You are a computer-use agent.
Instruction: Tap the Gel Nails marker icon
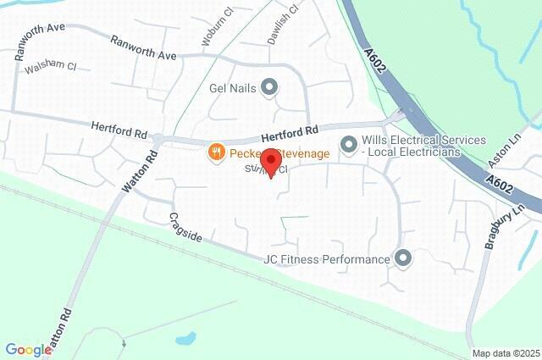click(269, 86)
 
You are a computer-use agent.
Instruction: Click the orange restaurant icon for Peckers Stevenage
click(216, 152)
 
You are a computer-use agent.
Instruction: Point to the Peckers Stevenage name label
click(270, 152)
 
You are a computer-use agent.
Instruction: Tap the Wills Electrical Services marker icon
click(348, 146)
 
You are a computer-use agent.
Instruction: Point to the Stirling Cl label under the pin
click(267, 170)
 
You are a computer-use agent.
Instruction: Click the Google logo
click(27, 349)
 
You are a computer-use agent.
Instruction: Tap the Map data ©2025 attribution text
click(506, 353)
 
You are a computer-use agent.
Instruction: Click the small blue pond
click(185, 339)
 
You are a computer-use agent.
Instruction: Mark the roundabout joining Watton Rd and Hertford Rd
click(158, 138)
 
